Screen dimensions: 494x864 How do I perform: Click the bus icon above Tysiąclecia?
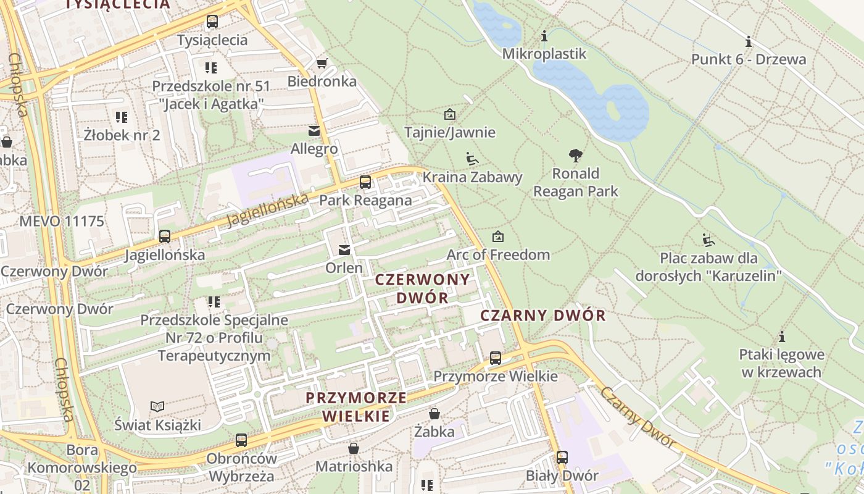pos(212,22)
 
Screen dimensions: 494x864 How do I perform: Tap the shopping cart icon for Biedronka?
pos(322,63)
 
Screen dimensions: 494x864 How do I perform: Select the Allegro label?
pos(314,149)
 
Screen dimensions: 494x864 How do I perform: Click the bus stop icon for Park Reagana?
pos(365,182)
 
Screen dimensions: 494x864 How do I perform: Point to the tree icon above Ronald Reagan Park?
pos(576,155)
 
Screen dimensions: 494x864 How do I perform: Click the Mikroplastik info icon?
pos(544,36)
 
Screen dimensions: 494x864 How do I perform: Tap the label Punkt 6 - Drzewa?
pos(749,59)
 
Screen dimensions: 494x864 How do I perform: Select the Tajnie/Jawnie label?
pos(450,132)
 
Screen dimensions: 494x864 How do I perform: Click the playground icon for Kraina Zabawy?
pos(472,159)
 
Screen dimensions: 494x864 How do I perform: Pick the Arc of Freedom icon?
pos(498,237)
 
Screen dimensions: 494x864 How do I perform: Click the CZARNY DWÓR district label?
pos(543,316)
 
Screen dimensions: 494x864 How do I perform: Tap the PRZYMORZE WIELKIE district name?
pos(357,406)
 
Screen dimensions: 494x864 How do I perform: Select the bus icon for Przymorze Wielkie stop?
pos(495,358)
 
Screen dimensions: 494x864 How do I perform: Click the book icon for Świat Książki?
pos(158,406)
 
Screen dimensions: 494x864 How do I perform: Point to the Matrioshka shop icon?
pos(354,448)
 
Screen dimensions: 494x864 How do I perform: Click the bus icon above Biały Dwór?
pos(562,458)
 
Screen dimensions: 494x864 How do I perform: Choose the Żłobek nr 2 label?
pos(122,135)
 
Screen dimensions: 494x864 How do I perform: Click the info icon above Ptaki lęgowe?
pos(782,337)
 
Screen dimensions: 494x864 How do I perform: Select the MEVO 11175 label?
pos(62,221)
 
